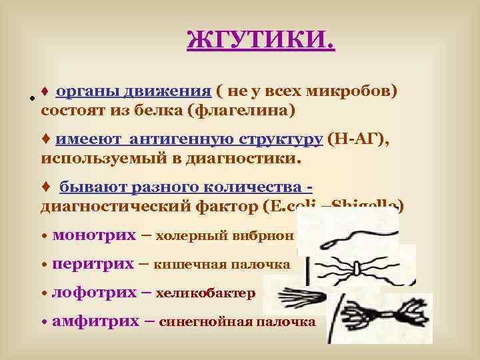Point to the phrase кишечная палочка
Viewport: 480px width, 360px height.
[x=222, y=265]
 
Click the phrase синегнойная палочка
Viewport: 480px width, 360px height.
[x=237, y=322]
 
